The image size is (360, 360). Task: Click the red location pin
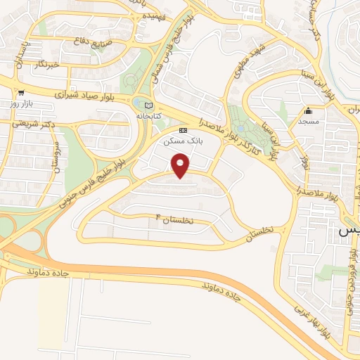tap(181, 166)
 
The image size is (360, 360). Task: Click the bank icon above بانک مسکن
tap(184, 130)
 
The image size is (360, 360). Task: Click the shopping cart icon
tap(21, 92)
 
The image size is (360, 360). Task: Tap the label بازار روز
tap(21, 103)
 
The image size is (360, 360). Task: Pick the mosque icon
tap(308, 110)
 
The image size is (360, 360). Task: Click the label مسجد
tap(308, 121)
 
